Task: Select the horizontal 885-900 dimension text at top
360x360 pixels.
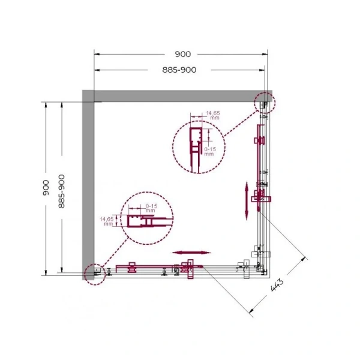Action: tap(179, 70)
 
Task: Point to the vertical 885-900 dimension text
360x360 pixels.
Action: tap(61, 191)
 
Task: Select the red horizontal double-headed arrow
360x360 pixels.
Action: tap(191, 253)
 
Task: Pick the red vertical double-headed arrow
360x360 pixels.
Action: tap(247, 200)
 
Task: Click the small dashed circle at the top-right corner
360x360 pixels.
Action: tap(265, 103)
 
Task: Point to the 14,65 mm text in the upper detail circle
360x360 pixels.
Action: tap(213, 115)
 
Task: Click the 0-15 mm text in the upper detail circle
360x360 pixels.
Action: tap(209, 151)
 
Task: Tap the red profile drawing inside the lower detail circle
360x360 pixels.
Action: tap(141, 223)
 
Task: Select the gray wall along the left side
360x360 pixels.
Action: tap(88, 180)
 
